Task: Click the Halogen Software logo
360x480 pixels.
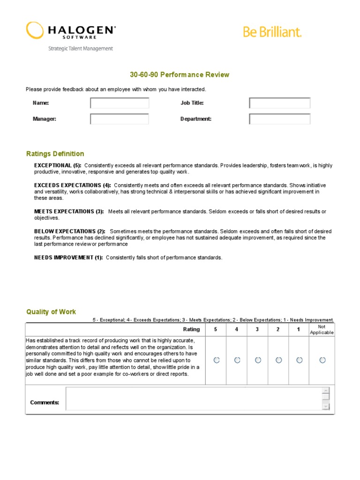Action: click(x=70, y=32)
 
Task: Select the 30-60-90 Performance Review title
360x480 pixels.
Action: click(x=180, y=75)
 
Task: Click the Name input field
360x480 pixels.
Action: click(x=120, y=103)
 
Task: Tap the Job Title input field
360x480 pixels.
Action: click(x=279, y=103)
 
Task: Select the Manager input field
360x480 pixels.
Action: click(x=120, y=119)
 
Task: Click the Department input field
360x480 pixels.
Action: click(x=279, y=119)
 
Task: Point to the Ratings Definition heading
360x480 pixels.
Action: click(x=55, y=154)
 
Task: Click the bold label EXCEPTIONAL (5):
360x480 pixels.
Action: click(x=58, y=165)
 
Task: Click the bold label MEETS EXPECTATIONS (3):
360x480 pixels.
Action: click(x=69, y=211)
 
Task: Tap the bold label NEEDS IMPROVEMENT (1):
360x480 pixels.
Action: click(x=68, y=258)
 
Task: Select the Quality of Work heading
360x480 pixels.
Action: click(x=51, y=312)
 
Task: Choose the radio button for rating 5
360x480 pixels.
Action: click(x=216, y=360)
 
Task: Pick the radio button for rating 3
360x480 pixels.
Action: click(x=257, y=360)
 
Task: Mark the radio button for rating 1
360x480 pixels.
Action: click(x=299, y=360)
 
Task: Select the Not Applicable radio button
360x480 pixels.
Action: click(x=322, y=360)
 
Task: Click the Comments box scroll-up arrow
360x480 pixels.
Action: click(x=326, y=391)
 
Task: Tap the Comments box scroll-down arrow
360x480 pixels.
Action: click(x=326, y=407)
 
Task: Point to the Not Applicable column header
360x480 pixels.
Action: click(x=322, y=330)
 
